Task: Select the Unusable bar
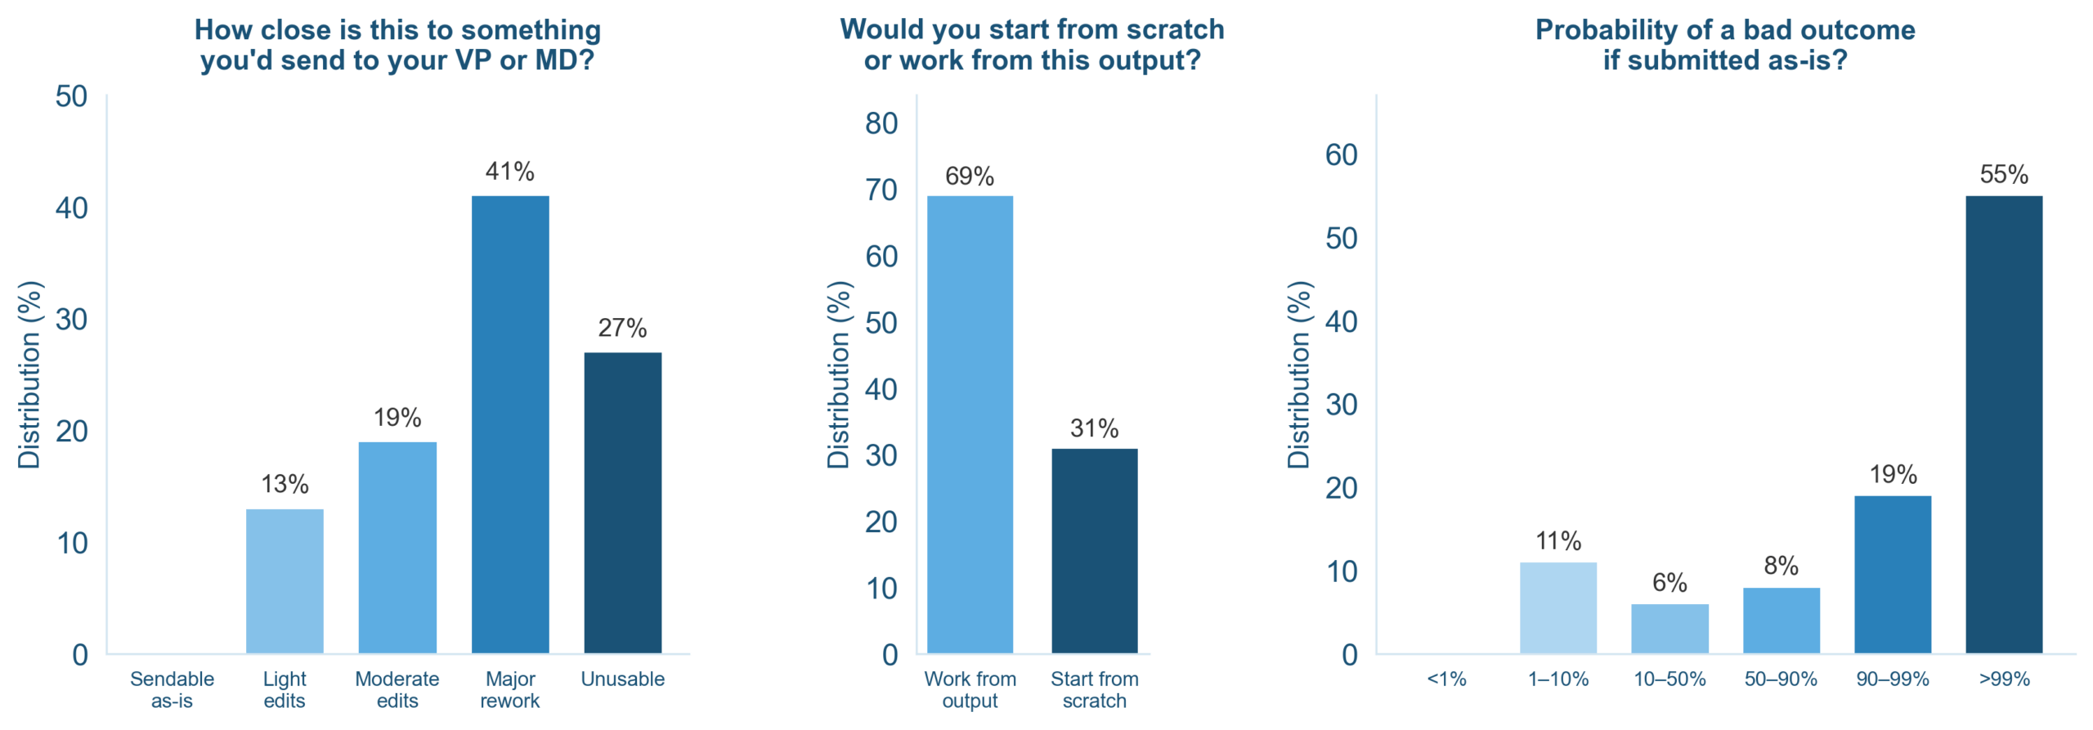(x=622, y=502)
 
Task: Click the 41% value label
(x=509, y=172)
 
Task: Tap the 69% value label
(x=970, y=177)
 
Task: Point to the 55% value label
(x=2003, y=174)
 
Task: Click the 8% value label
(x=1781, y=566)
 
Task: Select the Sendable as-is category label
(x=172, y=689)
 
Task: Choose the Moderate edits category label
(x=397, y=689)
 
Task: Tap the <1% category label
(x=1446, y=679)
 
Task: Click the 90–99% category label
(x=1892, y=679)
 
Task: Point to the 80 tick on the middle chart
(x=881, y=123)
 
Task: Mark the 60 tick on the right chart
(x=1341, y=155)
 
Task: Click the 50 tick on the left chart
(x=71, y=96)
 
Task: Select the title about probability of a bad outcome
(x=1725, y=44)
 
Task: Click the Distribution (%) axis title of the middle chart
(x=839, y=374)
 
